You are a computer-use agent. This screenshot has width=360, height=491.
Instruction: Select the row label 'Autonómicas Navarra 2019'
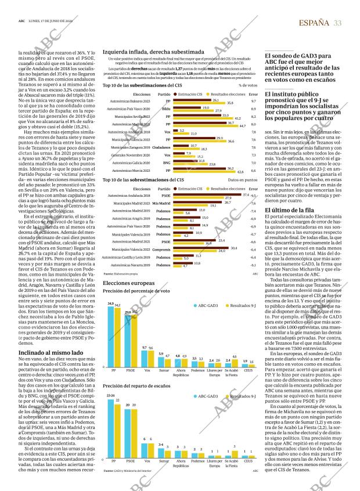point(131,264)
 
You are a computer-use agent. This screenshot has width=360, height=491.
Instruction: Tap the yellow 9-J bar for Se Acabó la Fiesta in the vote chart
point(234,365)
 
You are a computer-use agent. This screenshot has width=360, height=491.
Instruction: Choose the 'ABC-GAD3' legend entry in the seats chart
point(205,396)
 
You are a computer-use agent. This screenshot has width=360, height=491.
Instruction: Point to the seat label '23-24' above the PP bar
point(110,395)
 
